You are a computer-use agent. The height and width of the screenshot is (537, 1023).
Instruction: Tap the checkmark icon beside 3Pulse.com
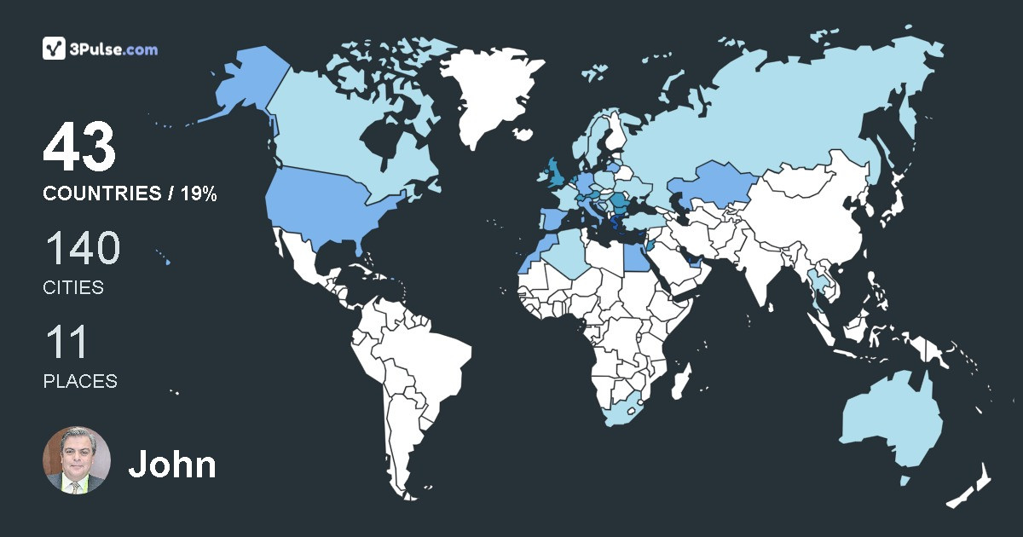pyautogui.click(x=55, y=49)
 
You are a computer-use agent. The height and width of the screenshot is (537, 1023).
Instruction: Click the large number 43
pyautogui.click(x=79, y=147)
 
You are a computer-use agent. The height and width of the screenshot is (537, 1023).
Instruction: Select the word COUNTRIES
pyautogui.click(x=101, y=194)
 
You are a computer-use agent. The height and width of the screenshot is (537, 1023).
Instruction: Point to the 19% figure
pyautogui.click(x=198, y=194)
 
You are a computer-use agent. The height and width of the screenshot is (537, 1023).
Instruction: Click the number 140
pyautogui.click(x=82, y=249)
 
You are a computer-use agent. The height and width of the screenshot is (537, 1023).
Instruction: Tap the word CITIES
pyautogui.click(x=73, y=288)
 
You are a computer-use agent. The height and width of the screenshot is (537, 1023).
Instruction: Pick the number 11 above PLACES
pyautogui.click(x=66, y=343)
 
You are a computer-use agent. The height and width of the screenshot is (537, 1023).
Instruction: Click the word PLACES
pyautogui.click(x=80, y=381)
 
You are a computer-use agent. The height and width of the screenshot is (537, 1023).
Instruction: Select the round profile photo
pyautogui.click(x=77, y=460)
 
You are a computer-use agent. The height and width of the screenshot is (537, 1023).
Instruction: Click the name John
pyautogui.click(x=171, y=465)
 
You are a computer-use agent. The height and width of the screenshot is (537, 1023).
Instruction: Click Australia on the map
pyautogui.click(x=891, y=422)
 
